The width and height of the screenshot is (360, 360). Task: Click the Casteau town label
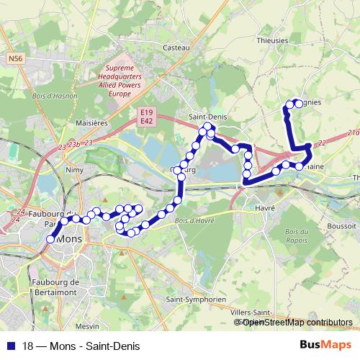[x=176, y=47]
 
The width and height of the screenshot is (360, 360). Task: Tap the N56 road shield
[x=16, y=58]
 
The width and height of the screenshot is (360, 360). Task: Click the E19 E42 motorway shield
[x=147, y=116]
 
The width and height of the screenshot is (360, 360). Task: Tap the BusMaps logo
[x=325, y=345]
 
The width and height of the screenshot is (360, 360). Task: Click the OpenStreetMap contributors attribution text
[x=297, y=322]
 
